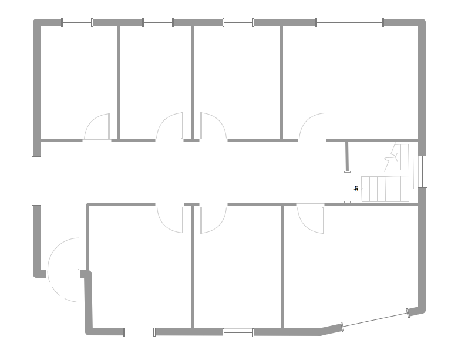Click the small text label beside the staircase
click(356, 189)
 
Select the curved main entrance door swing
click(63, 270)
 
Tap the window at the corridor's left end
click(36, 180)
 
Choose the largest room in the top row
click(350, 82)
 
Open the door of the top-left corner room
click(97, 127)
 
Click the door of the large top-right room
click(312, 127)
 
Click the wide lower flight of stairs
click(385, 189)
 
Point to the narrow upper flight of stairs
click(401, 157)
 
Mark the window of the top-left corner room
click(77, 23)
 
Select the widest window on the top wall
click(350, 23)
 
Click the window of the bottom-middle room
click(238, 332)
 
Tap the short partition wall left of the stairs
click(347, 156)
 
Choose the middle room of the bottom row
click(238, 267)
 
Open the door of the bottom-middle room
click(213, 219)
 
